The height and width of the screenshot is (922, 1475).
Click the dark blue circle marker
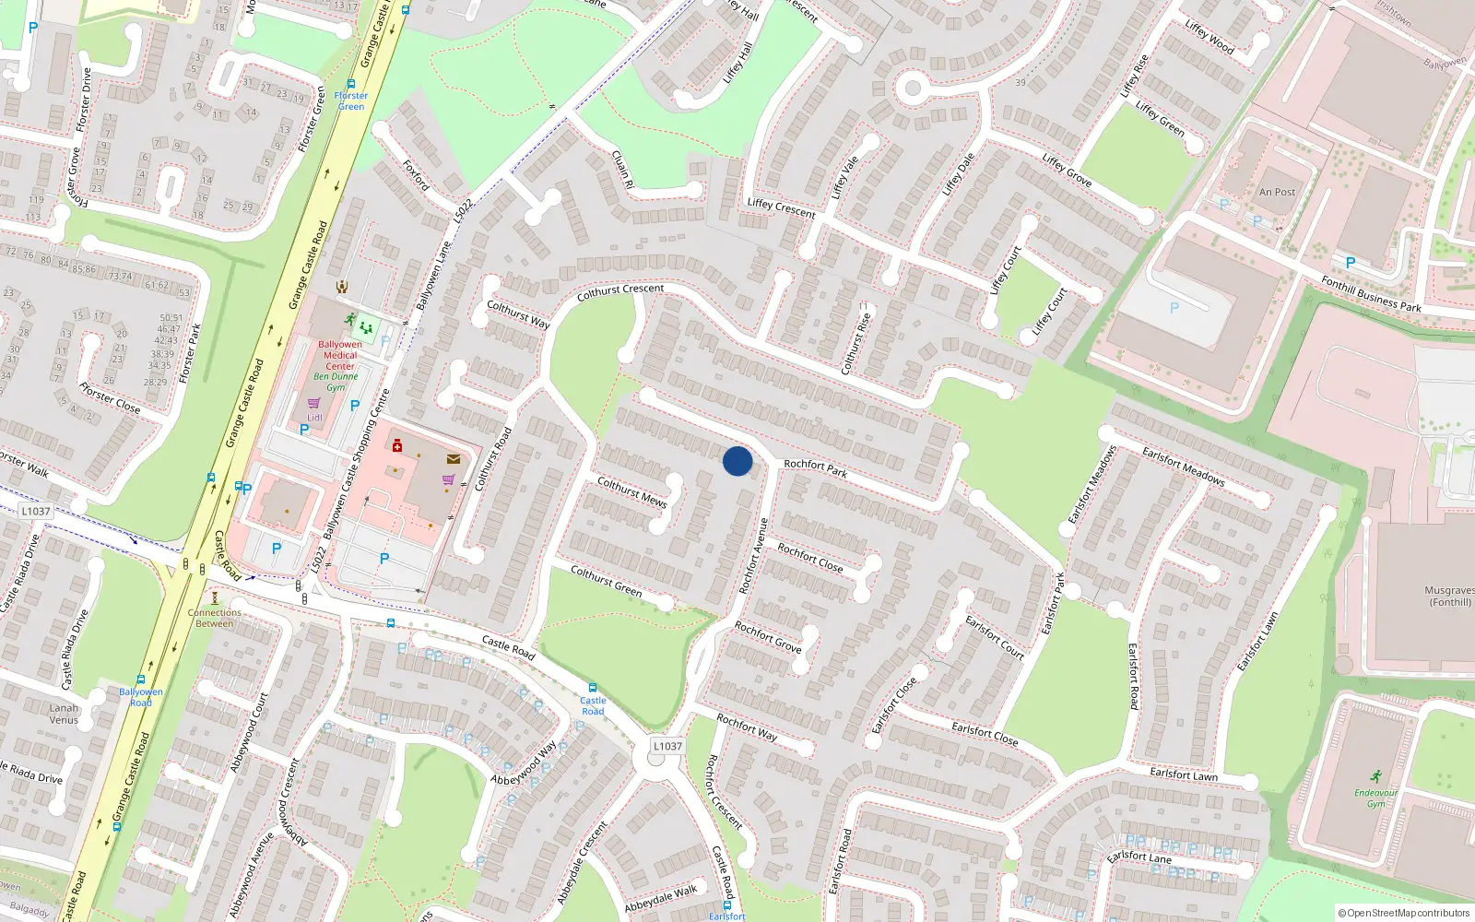737,461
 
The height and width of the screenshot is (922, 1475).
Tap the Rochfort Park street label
815,468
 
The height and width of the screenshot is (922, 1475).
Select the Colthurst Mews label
631,491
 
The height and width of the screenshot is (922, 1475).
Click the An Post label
1277,192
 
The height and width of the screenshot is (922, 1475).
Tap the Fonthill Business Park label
1371,294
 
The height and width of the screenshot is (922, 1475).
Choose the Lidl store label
314,418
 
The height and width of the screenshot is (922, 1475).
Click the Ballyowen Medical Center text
340,355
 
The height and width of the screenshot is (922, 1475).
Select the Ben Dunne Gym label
336,382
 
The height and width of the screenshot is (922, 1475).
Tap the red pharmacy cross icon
397,446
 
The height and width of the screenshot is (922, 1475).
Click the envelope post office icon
454,458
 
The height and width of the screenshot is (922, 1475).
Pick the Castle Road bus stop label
593,705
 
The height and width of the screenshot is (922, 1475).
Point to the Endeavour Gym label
1375,798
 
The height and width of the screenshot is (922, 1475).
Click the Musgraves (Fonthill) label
1449,596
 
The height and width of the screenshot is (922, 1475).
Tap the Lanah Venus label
64,714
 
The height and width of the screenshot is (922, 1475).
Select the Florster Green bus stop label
351,100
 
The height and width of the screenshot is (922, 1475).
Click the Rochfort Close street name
809,557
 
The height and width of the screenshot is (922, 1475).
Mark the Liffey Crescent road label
781,208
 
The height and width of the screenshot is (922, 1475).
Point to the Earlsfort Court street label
995,637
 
